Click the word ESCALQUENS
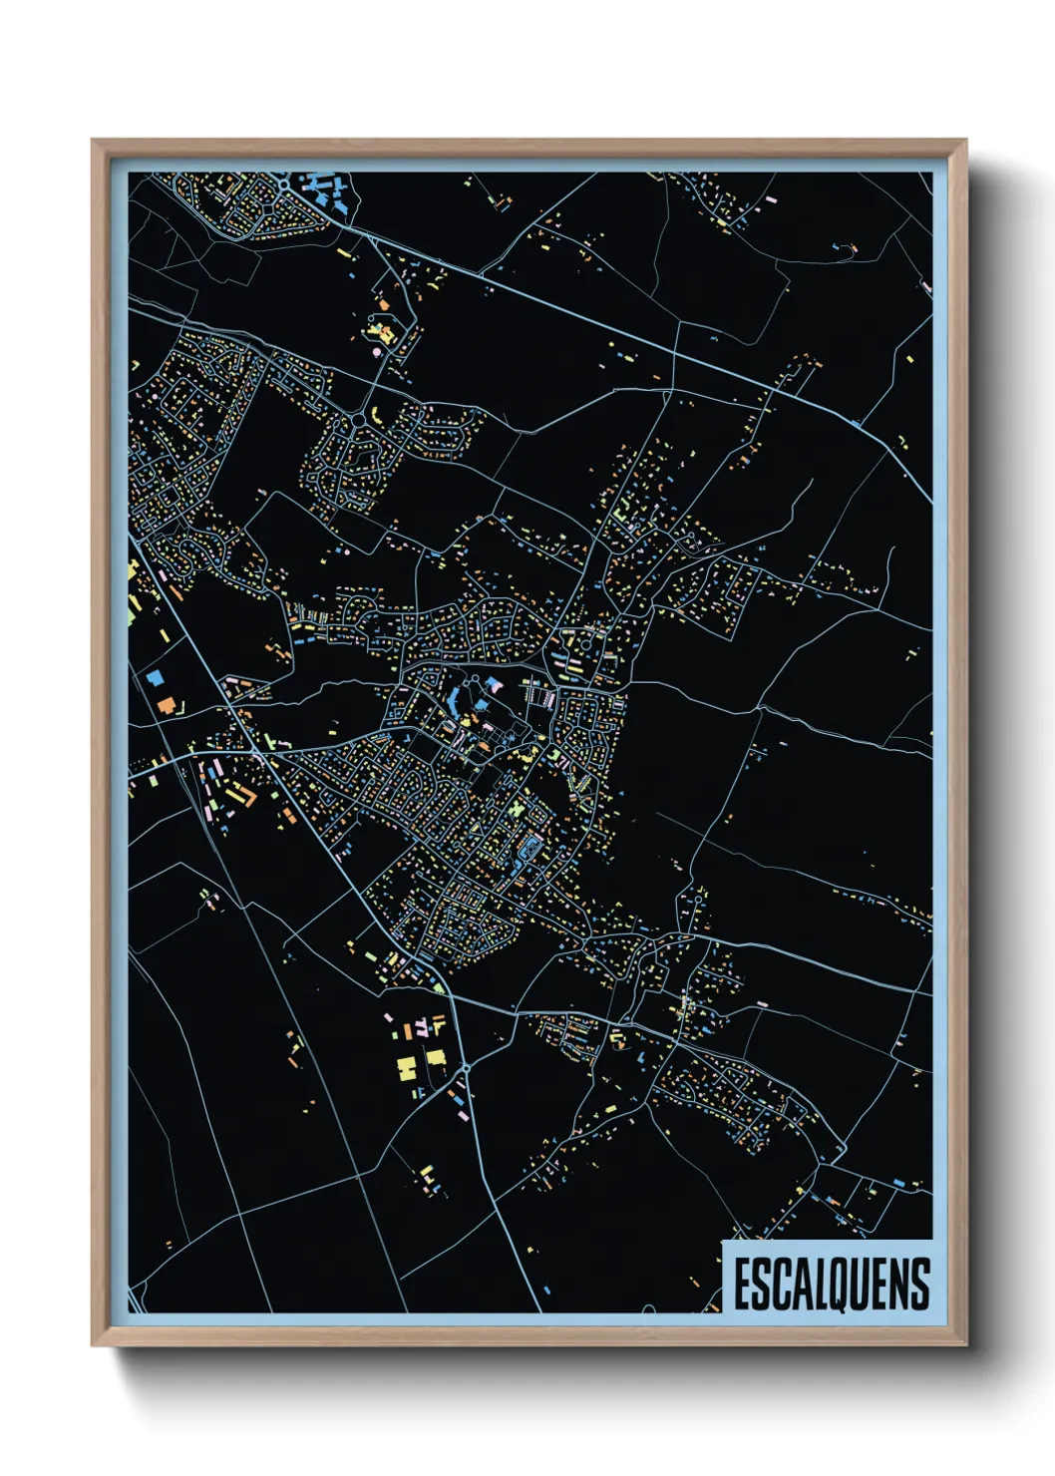click(x=832, y=1285)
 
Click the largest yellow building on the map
click(x=407, y=1068)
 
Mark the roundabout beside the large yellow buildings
click(x=466, y=1069)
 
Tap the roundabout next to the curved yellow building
click(x=357, y=421)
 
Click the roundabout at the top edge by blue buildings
click(x=285, y=184)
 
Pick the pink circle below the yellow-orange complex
click(x=376, y=351)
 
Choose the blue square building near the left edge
click(x=155, y=676)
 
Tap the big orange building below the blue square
click(x=166, y=705)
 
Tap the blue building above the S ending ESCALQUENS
click(x=898, y=1183)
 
